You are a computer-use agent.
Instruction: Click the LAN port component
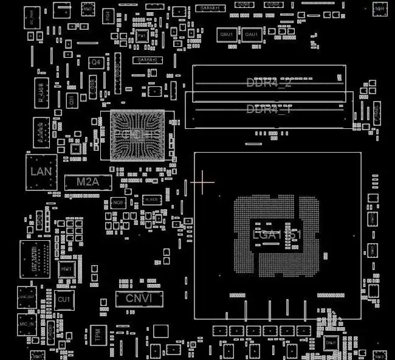pyautogui.click(x=41, y=171)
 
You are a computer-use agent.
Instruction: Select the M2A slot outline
pyautogui.click(x=88, y=181)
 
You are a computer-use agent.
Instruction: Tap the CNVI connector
pyautogui.click(x=139, y=298)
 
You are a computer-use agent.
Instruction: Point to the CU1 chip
pyautogui.click(x=64, y=300)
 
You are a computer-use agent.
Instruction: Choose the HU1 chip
pyautogui.click(x=66, y=268)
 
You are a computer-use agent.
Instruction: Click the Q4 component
pyautogui.click(x=95, y=63)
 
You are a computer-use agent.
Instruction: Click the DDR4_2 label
pyautogui.click(x=269, y=82)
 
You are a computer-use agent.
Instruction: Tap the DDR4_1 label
pyautogui.click(x=269, y=109)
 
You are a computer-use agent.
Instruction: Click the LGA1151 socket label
pyautogui.click(x=276, y=235)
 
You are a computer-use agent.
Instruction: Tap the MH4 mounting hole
pyautogui.click(x=379, y=9)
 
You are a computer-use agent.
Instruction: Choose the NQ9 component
pyautogui.click(x=118, y=202)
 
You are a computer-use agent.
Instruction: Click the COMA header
pyautogui.click(x=273, y=5)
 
